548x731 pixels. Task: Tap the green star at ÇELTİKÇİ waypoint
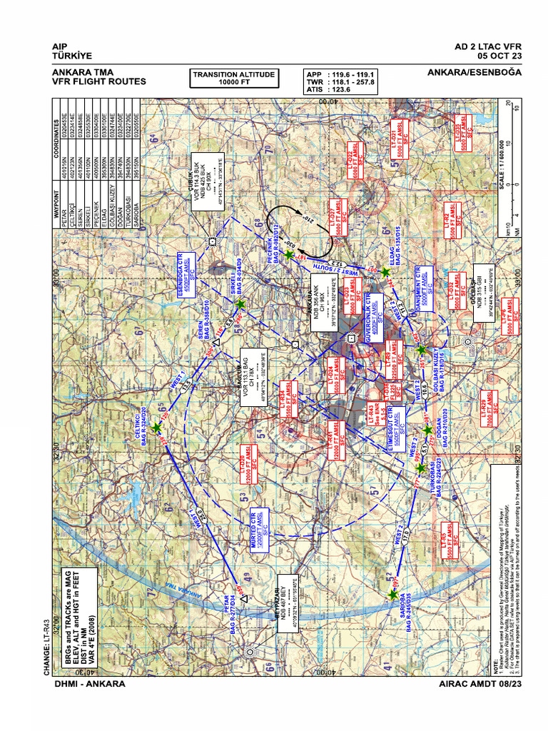(x=157, y=427)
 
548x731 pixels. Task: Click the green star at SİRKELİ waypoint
(x=240, y=305)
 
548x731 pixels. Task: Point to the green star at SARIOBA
(x=393, y=593)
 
